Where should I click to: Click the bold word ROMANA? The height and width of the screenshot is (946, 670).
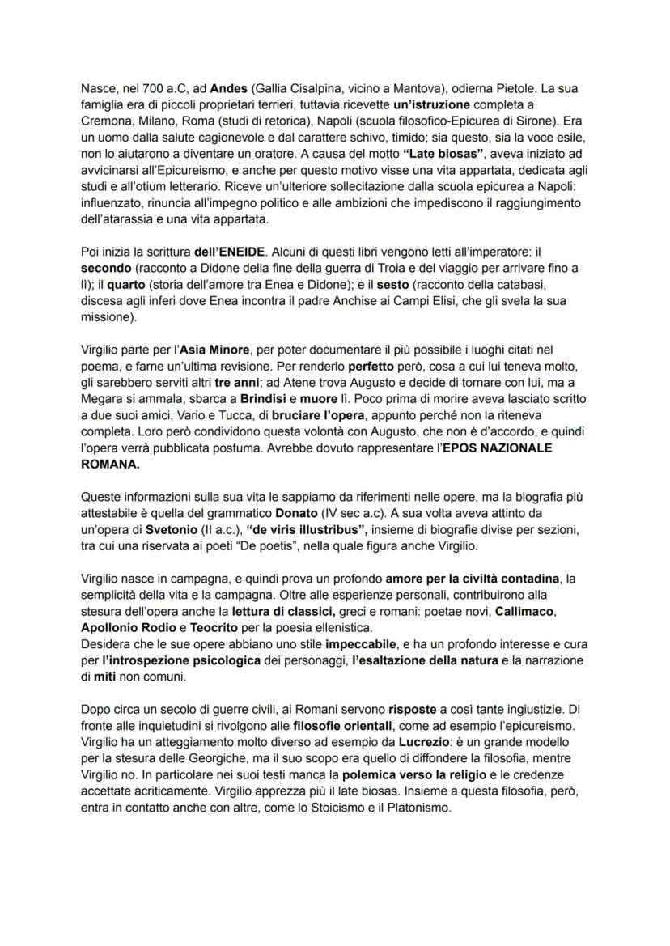tap(109, 466)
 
